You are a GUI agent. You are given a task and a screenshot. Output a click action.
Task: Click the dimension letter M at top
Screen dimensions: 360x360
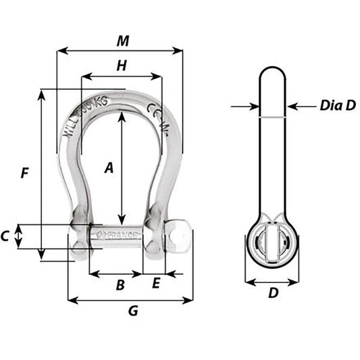pos(122,41)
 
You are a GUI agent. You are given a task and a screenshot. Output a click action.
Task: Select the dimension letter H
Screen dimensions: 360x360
pos(122,66)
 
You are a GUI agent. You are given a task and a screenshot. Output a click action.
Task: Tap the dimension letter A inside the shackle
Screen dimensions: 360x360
pos(107,170)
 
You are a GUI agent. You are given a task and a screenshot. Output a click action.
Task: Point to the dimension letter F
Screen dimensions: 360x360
pos(24,173)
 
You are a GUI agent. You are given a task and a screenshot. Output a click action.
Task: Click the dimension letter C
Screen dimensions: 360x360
pos(5,236)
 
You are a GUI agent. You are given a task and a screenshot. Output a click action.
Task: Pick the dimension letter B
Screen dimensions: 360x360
pos(120,284)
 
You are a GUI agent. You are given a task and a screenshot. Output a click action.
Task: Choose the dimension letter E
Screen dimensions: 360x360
pos(156,284)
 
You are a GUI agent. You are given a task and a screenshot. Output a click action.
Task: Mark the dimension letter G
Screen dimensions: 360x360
pos(133,311)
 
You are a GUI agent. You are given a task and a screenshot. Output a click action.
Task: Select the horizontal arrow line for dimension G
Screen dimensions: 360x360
pos(101,299)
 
